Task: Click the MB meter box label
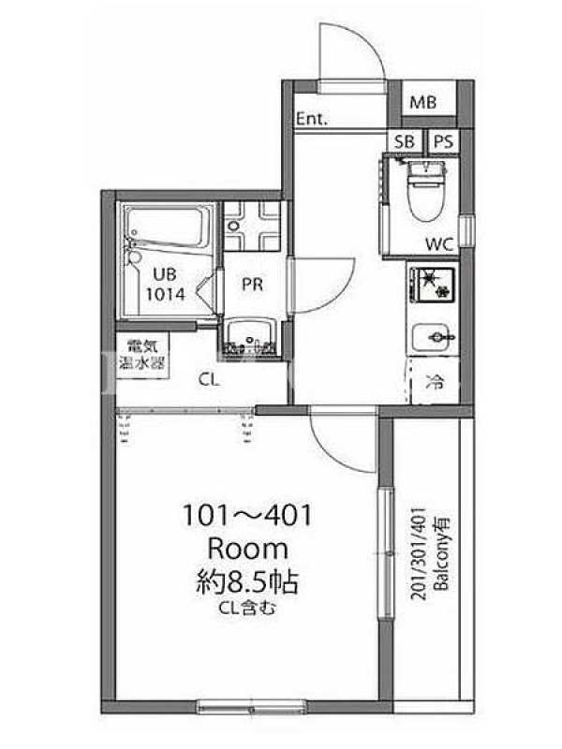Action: pyautogui.click(x=423, y=102)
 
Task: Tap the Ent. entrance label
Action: pyautogui.click(x=312, y=119)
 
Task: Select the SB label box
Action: pyautogui.click(x=405, y=142)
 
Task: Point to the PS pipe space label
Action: pyautogui.click(x=444, y=142)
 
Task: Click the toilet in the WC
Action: pyautogui.click(x=425, y=190)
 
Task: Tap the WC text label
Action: pyautogui.click(x=439, y=244)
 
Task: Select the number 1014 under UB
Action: pyautogui.click(x=166, y=294)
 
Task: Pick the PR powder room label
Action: pyautogui.click(x=252, y=285)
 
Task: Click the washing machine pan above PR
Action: pyautogui.click(x=252, y=226)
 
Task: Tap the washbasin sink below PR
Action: pyautogui.click(x=251, y=336)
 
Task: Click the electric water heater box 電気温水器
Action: pyautogui.click(x=142, y=356)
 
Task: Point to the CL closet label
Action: pyautogui.click(x=209, y=380)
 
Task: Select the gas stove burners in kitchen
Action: pyautogui.click(x=432, y=284)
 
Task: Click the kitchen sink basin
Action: pyautogui.click(x=434, y=338)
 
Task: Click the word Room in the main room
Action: pyautogui.click(x=248, y=550)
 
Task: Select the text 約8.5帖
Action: pyautogui.click(x=247, y=581)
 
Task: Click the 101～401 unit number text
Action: pyautogui.click(x=247, y=516)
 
